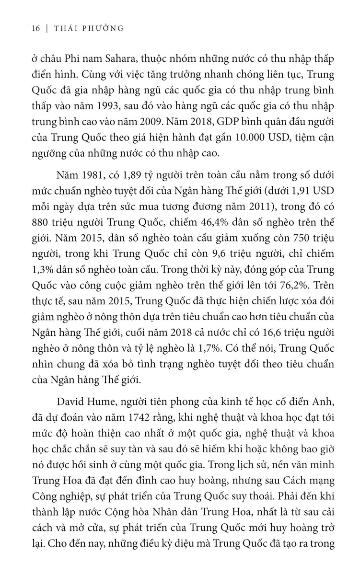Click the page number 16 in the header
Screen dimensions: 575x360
pyautogui.click(x=34, y=28)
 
